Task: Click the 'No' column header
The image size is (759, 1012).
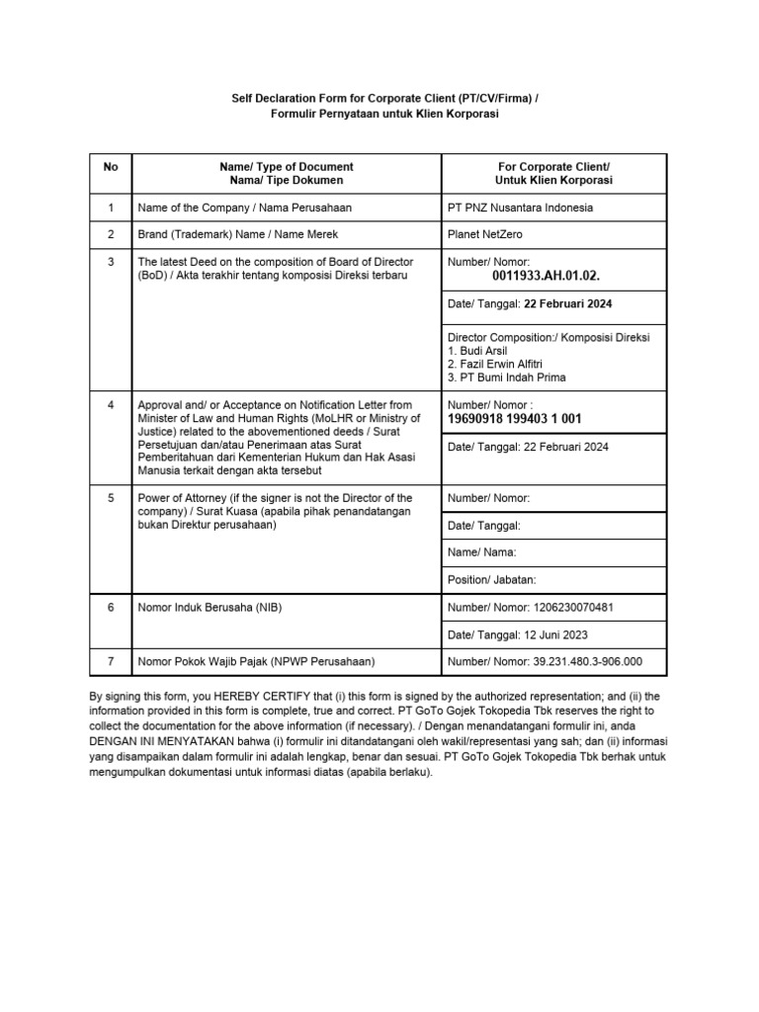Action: click(x=111, y=167)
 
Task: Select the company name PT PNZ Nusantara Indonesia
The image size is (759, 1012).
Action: click(x=521, y=208)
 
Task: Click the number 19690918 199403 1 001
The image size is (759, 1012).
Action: click(x=515, y=419)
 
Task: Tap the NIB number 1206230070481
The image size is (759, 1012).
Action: click(x=574, y=607)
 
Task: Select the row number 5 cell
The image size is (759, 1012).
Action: click(x=111, y=498)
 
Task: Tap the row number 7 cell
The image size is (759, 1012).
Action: click(x=111, y=661)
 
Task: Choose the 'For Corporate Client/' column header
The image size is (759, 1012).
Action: click(x=553, y=167)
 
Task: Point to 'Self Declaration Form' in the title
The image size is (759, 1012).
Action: click(x=287, y=100)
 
